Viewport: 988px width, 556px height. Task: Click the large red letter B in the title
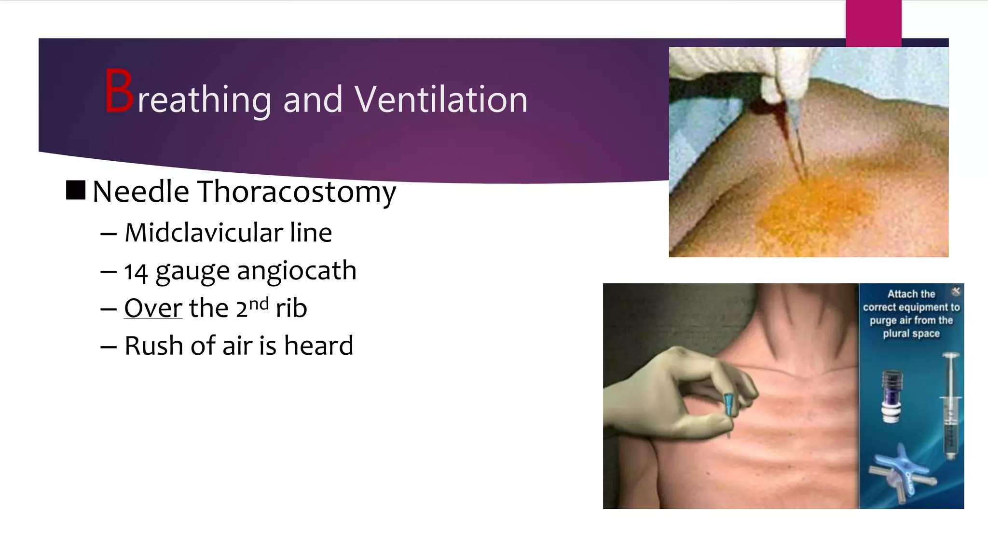click(x=119, y=92)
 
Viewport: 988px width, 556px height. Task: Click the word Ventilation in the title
click(x=441, y=100)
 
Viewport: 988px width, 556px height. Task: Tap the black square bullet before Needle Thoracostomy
click(x=76, y=190)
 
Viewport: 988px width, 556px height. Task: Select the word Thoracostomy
click(x=297, y=192)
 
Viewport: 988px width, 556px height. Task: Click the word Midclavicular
click(x=203, y=233)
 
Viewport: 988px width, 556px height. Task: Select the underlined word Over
click(x=153, y=308)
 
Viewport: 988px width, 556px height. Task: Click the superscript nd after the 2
click(x=259, y=304)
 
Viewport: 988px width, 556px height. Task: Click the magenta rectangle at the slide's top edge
click(x=873, y=23)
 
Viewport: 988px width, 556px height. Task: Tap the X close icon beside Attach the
click(x=956, y=291)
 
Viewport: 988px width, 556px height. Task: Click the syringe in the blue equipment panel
click(x=950, y=405)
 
